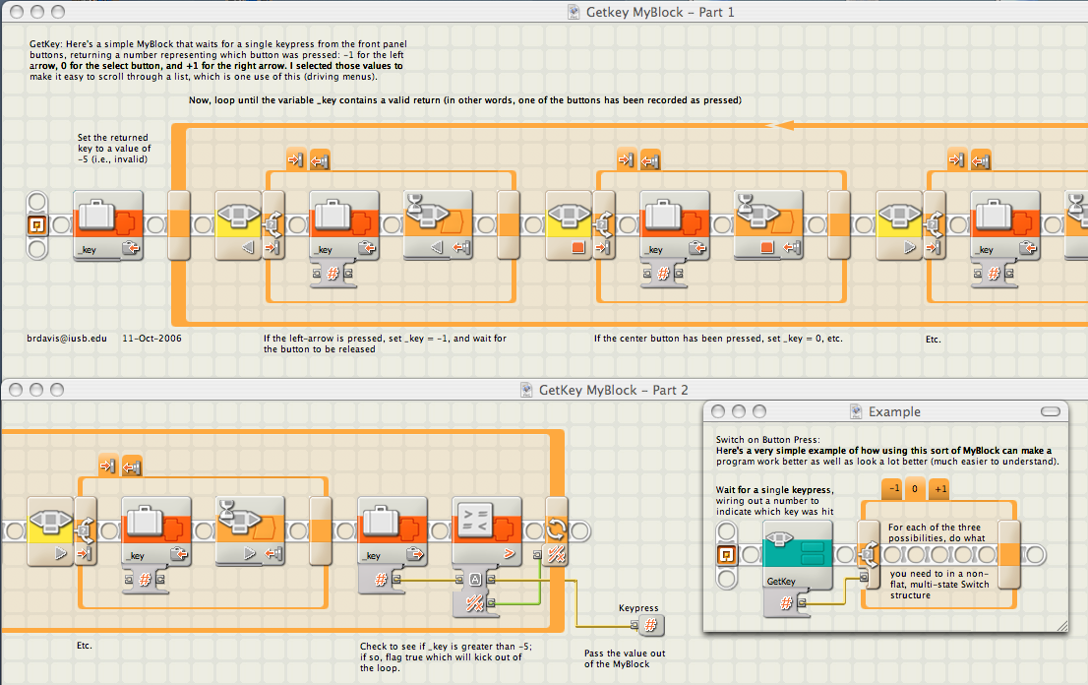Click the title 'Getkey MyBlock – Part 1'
pyautogui.click(x=660, y=12)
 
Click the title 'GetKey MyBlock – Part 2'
pyautogui.click(x=614, y=390)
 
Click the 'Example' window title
pyautogui.click(x=894, y=411)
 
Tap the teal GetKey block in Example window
pyautogui.click(x=797, y=555)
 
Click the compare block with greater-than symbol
pyautogui.click(x=486, y=531)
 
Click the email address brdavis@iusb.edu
pyautogui.click(x=67, y=339)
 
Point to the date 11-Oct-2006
pyautogui.click(x=151, y=339)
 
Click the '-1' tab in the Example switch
pyautogui.click(x=893, y=488)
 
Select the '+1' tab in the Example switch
pyautogui.click(x=939, y=488)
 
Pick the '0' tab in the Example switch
pyautogui.click(x=915, y=488)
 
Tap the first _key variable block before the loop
pyautogui.click(x=108, y=225)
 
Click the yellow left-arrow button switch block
pyautogui.click(x=238, y=225)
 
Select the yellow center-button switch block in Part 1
pyautogui.click(x=569, y=225)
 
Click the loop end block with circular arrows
pyautogui.click(x=556, y=531)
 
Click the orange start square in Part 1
pyautogui.click(x=36, y=224)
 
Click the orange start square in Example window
pyautogui.click(x=727, y=554)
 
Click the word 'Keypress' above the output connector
pyautogui.click(x=638, y=608)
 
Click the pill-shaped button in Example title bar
pyautogui.click(x=1051, y=411)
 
